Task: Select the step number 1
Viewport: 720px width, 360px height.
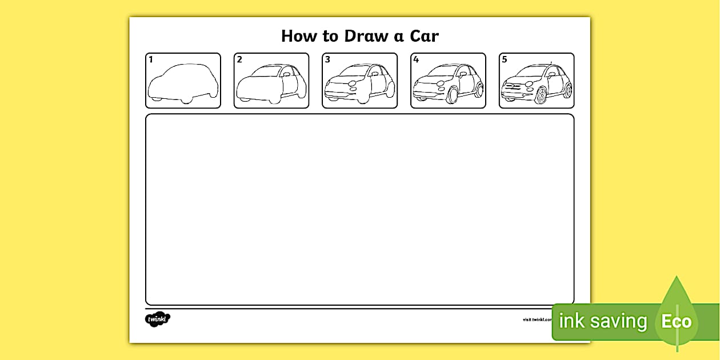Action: (x=151, y=59)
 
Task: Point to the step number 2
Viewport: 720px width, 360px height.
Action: (x=239, y=59)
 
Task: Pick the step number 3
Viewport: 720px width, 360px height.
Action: (x=327, y=59)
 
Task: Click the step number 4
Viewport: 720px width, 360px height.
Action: (x=416, y=59)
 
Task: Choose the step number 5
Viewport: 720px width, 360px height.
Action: (x=504, y=59)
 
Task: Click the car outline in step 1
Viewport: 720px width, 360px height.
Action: (x=183, y=83)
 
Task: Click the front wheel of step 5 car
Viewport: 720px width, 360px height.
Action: (x=541, y=95)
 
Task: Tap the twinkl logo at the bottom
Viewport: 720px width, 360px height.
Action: (x=158, y=319)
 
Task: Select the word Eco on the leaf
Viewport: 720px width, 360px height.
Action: (x=677, y=321)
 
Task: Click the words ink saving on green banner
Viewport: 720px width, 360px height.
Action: (x=602, y=321)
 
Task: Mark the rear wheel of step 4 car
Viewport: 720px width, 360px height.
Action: (x=479, y=90)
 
